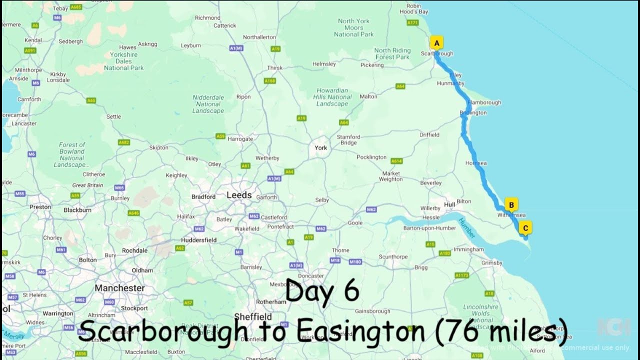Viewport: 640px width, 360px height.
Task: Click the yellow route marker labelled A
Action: (436, 43)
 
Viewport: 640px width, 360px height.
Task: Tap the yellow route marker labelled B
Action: (511, 204)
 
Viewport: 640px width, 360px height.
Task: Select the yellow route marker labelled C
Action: (525, 228)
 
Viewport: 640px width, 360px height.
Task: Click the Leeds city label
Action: (239, 195)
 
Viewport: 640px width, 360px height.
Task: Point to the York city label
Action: (320, 147)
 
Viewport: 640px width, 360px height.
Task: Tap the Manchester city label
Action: (119, 288)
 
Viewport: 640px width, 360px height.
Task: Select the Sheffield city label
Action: (252, 316)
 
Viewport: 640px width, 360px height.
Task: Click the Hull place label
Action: (449, 204)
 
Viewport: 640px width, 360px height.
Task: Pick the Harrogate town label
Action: (240, 139)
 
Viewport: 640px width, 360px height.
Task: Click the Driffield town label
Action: (429, 134)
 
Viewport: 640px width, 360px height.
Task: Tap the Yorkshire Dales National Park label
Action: (123, 61)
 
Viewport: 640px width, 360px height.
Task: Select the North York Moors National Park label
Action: (353, 27)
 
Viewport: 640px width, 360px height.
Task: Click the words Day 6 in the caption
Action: (322, 291)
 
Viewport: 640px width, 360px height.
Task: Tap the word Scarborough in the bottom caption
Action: (163, 331)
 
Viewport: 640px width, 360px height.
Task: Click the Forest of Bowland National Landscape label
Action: (72, 154)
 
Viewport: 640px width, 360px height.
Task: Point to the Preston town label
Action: (40, 207)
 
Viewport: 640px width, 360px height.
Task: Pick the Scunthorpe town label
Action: (393, 256)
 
